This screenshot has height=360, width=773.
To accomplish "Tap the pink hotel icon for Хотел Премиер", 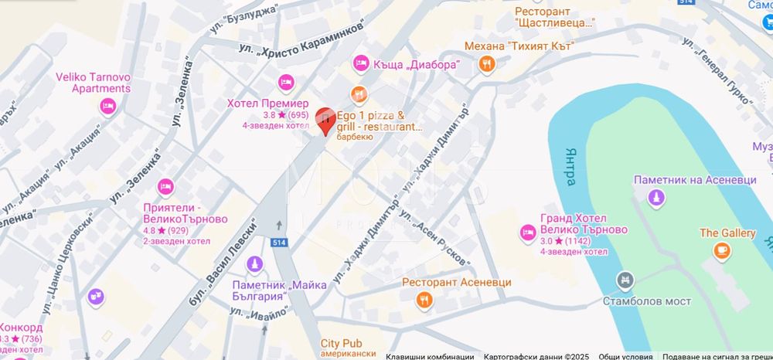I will [x=284, y=82].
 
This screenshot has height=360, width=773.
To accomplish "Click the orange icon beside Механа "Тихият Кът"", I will [x=485, y=65].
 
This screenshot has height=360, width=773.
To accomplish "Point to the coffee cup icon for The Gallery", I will [x=721, y=250].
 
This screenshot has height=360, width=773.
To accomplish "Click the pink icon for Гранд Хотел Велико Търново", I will [x=528, y=231].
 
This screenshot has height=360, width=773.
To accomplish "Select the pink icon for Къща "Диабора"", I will [x=360, y=63].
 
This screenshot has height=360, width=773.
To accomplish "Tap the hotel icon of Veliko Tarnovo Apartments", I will [x=107, y=105].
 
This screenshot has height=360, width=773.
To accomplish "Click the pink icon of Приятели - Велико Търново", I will [x=164, y=186].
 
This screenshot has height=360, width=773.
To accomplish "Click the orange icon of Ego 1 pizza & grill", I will [x=357, y=94].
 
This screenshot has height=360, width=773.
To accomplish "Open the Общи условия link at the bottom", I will [x=621, y=356].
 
